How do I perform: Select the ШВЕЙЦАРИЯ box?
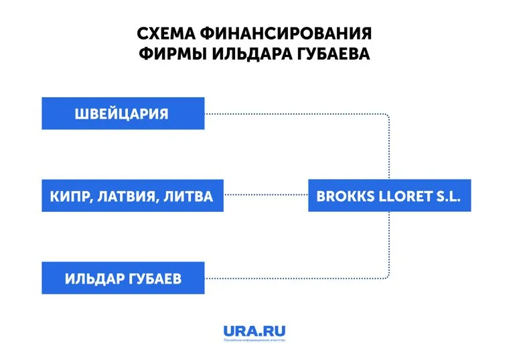pyautogui.click(x=123, y=113)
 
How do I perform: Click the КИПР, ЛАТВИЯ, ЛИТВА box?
pyautogui.click(x=132, y=196)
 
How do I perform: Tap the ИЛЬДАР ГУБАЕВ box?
pyautogui.click(x=123, y=278)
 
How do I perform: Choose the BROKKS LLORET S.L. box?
pyautogui.click(x=389, y=196)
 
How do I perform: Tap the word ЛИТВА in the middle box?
pyautogui.click(x=188, y=196)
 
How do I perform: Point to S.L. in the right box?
pyautogui.click(x=446, y=196)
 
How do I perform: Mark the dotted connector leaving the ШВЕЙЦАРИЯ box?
pyautogui.click(x=295, y=114)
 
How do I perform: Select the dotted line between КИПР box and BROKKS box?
pyautogui.click(x=266, y=196)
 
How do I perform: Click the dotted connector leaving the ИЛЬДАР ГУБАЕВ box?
pyautogui.click(x=295, y=278)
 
